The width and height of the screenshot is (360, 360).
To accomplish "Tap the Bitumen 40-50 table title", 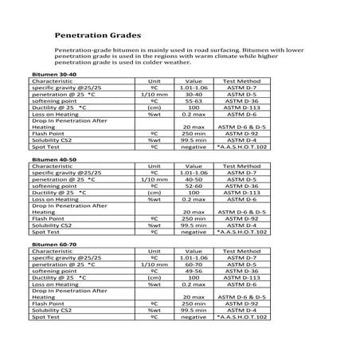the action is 53,159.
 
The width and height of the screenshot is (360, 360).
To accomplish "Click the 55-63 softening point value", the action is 194,102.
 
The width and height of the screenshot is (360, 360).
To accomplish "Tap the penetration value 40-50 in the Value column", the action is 194,181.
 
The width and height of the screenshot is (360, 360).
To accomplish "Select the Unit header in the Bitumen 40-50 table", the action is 155,167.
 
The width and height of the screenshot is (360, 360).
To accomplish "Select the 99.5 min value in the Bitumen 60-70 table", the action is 194,311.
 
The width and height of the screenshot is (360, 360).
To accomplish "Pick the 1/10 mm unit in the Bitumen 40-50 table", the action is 155,181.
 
